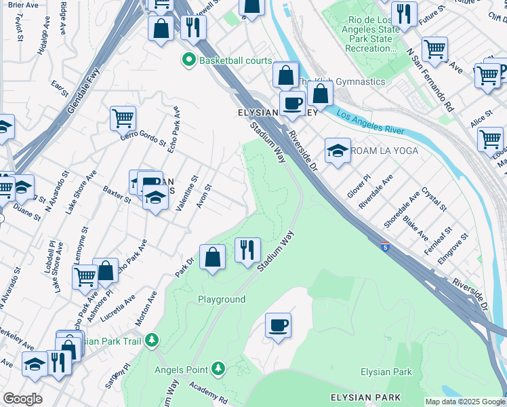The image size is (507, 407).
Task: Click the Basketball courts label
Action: (235, 60)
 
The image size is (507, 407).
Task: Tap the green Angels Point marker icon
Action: (218, 369)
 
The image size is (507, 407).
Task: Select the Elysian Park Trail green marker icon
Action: (154, 339)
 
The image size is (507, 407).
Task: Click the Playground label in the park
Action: (221, 299)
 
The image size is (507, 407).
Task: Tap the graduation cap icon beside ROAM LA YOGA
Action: (338, 151)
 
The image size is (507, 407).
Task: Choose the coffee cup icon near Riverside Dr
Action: (292, 103)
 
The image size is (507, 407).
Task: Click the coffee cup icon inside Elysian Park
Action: (278, 325)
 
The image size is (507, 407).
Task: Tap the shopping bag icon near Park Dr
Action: (213, 256)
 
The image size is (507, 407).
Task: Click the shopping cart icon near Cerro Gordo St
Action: (123, 118)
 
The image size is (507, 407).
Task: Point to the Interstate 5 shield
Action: (384, 246)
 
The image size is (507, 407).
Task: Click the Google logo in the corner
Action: (22, 399)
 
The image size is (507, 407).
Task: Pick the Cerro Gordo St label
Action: (144, 138)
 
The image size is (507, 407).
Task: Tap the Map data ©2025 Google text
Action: (464, 402)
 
